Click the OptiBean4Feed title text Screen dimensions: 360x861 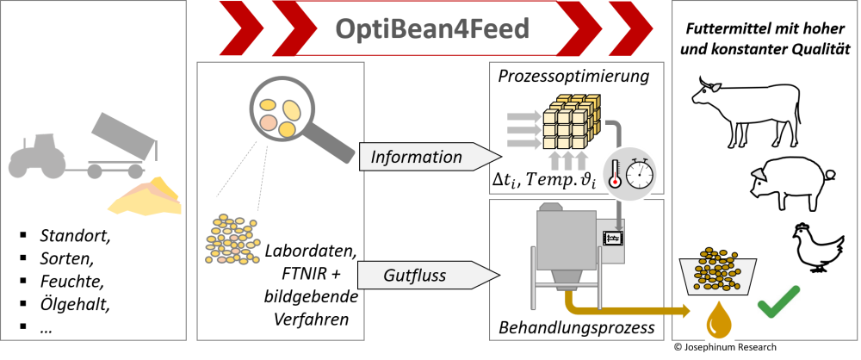click(x=431, y=29)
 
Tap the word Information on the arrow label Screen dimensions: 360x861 click(x=417, y=157)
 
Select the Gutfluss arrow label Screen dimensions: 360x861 click(x=415, y=276)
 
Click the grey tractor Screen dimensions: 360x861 click(x=38, y=157)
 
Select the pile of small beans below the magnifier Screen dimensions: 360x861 click(x=232, y=239)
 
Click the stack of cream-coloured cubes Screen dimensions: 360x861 click(x=567, y=124)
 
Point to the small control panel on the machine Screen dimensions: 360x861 click(x=613, y=237)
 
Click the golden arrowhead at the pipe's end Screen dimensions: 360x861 click(x=686, y=311)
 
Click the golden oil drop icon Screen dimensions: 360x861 click(x=719, y=319)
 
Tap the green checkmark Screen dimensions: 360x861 click(x=778, y=301)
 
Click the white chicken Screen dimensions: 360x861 click(x=816, y=247)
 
